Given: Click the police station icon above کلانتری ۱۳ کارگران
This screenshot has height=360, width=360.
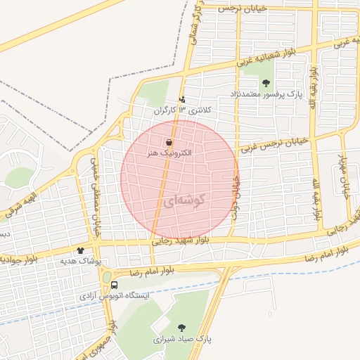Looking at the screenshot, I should coord(183,100).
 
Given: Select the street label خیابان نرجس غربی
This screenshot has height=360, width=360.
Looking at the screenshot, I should coord(274,145).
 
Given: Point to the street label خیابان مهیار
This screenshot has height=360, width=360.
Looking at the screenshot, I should coord(345,176).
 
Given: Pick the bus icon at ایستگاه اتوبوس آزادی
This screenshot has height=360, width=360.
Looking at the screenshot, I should coord(114,285).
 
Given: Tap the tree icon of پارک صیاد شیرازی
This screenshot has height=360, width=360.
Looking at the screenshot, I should coord(183,328).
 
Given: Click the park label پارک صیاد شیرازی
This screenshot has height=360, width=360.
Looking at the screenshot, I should coord(183,339).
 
